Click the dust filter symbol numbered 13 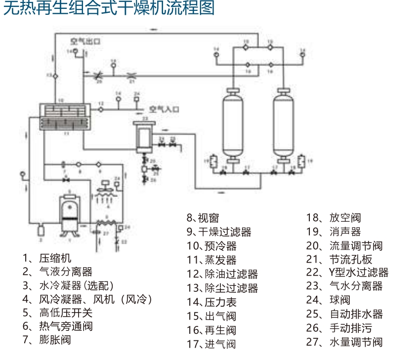pyautogui.click(x=55, y=75)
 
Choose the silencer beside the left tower pyautogui.click(x=213, y=161)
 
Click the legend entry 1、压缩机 pyautogui.click(x=47, y=258)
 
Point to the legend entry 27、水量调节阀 pyautogui.click(x=344, y=342)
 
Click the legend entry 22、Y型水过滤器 pyautogui.click(x=347, y=272)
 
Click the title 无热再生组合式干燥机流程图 pyautogui.click(x=109, y=9)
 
